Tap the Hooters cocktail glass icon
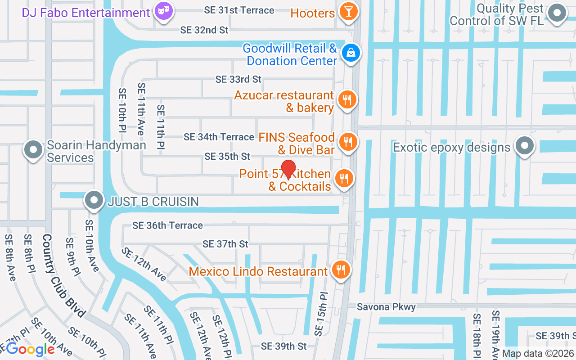click(348, 11)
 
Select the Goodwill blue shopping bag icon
click(351, 53)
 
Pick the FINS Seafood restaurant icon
click(347, 142)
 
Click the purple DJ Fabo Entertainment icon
click(163, 11)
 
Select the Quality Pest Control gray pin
click(558, 13)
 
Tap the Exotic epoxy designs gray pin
click(524, 146)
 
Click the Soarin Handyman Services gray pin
click(33, 150)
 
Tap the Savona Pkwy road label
click(386, 306)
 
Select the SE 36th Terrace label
click(167, 225)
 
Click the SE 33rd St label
click(238, 79)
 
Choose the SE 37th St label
click(225, 244)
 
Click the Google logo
click(30, 349)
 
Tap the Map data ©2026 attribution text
click(538, 354)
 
